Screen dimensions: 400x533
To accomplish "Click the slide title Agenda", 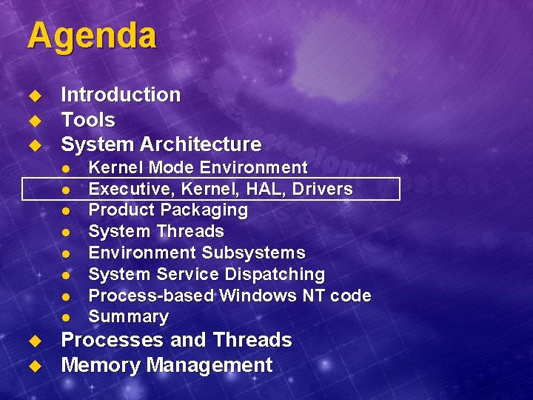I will (x=92, y=36).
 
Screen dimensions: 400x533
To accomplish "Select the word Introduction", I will (x=121, y=95).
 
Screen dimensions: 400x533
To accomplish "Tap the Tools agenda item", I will (x=88, y=119).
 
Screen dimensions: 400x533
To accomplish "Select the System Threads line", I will (x=156, y=231).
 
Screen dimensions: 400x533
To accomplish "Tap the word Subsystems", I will (x=253, y=253).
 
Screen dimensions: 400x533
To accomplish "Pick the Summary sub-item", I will (x=129, y=316).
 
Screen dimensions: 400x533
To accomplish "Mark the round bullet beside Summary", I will (x=65, y=318).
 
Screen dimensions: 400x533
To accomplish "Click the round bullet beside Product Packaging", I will (x=65, y=211).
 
